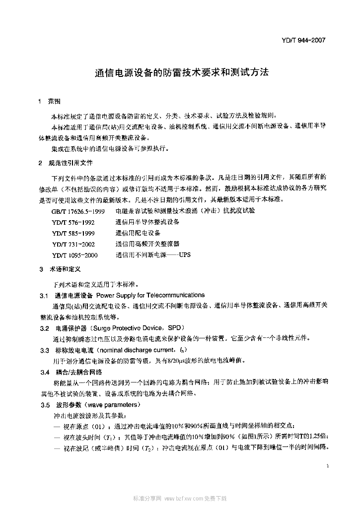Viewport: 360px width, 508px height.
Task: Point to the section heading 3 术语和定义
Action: (60, 270)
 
